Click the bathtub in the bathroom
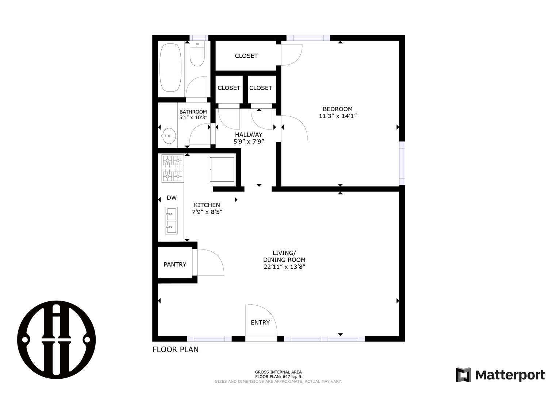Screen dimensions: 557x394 tap(170, 68)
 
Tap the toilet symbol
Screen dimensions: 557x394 tap(197, 53)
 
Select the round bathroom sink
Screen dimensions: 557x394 tap(169, 136)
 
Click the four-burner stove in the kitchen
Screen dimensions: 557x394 tap(173, 168)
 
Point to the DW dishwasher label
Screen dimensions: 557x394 tap(172, 198)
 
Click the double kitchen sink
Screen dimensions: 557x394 tap(171, 220)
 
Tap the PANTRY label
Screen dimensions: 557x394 tap(175, 264)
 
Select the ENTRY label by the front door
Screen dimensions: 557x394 tap(260, 322)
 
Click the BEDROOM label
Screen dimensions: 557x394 tap(337, 109)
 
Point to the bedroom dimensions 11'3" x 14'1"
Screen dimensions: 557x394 tap(338, 116)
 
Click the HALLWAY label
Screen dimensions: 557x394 tap(249, 135)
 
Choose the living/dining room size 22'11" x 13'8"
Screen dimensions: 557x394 tap(284, 267)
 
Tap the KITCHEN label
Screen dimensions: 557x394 tap(207, 205)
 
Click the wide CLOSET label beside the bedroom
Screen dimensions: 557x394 tap(246, 56)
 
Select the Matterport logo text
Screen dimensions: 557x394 tap(510, 375)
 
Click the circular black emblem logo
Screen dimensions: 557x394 tap(57, 340)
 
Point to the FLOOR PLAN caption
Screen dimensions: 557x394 tap(176, 349)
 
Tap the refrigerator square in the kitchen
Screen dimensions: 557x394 tap(222, 169)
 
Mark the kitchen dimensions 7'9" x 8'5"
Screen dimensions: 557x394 tap(207, 212)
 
